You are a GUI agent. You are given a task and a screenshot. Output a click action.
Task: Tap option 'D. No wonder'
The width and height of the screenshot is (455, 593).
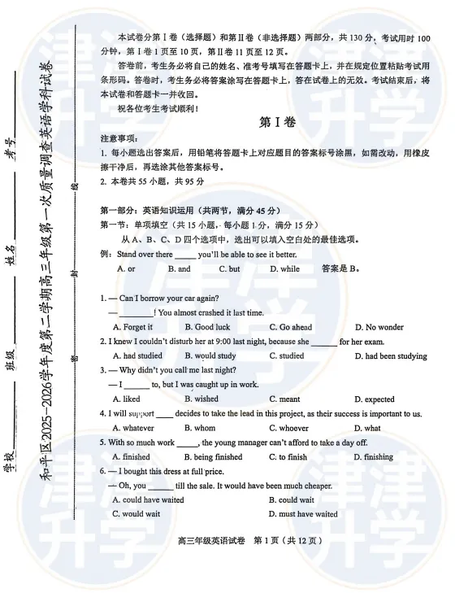pos(379,327)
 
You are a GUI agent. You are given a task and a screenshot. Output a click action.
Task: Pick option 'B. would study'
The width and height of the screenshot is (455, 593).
pos(210,355)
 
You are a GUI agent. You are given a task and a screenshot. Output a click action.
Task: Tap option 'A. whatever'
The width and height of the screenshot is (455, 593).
pos(132,428)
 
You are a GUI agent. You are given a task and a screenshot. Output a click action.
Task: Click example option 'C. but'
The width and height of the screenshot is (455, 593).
pos(230,268)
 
